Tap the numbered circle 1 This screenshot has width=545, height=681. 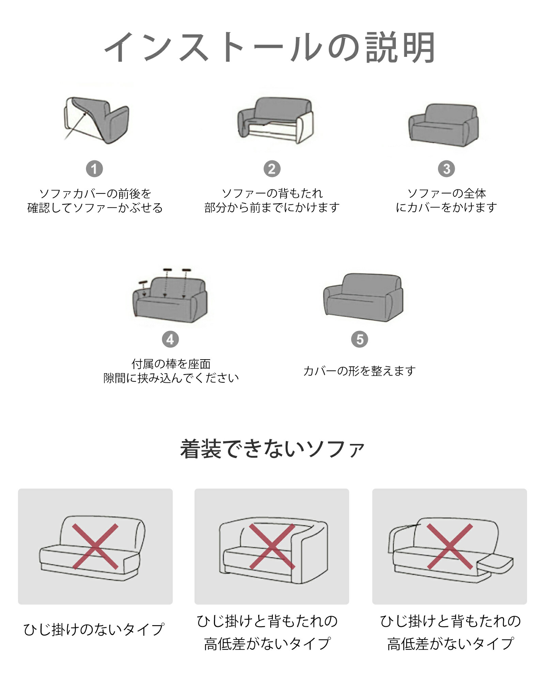(94, 169)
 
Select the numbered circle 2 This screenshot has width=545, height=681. (272, 169)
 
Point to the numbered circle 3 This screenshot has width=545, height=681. (446, 169)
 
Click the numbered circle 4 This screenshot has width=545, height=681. (170, 339)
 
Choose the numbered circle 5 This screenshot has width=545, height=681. (360, 339)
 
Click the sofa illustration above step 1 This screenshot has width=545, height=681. (97, 120)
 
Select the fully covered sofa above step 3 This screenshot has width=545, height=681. (443, 125)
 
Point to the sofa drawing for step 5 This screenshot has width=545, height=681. (363, 297)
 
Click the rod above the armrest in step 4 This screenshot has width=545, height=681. (143, 282)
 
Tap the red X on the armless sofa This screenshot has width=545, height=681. (95, 547)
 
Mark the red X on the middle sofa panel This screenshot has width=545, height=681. (272, 547)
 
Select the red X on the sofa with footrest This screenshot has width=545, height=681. (450, 547)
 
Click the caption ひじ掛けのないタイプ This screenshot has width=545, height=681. (94, 629)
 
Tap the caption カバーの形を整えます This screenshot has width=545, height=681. (359, 370)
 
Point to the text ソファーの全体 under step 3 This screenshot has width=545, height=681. (447, 193)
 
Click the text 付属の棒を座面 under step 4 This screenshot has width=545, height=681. (171, 364)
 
